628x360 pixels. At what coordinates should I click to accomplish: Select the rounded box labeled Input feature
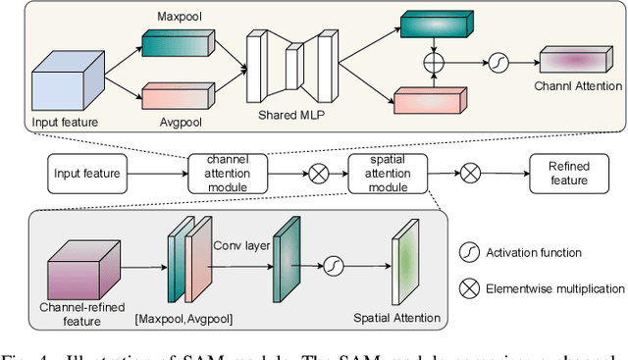(87, 174)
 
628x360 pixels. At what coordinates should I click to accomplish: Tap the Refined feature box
(568, 174)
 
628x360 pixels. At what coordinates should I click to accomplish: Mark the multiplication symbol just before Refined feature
(472, 174)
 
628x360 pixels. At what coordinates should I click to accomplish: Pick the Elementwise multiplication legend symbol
(469, 288)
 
